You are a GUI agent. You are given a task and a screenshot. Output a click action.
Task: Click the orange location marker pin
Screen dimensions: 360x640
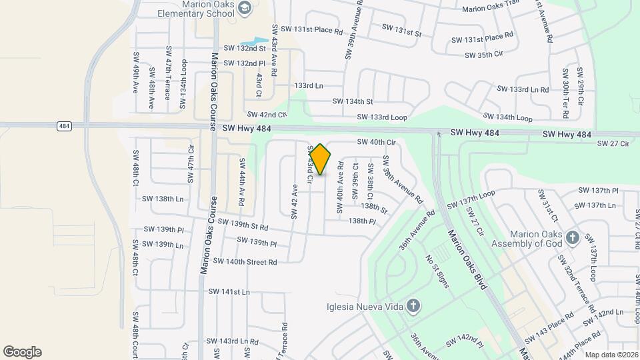click(320, 159)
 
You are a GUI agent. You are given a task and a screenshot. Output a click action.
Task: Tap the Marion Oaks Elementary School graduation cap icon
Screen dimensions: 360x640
click(244, 8)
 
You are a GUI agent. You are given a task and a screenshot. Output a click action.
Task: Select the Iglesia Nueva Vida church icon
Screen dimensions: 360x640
click(413, 307)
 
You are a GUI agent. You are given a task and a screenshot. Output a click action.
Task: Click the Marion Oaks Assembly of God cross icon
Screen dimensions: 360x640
click(572, 238)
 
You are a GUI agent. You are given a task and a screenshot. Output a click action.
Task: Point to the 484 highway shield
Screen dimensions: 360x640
click(64, 125)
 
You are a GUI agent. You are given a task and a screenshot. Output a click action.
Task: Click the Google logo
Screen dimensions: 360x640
click(22, 352)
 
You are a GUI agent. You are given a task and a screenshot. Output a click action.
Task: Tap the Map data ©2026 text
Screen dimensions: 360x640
click(611, 355)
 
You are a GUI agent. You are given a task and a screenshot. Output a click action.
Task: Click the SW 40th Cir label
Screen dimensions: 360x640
click(376, 142)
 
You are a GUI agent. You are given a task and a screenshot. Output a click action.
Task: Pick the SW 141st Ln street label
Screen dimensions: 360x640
click(229, 292)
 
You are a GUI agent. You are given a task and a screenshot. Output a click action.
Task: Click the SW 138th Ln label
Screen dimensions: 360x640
click(163, 199)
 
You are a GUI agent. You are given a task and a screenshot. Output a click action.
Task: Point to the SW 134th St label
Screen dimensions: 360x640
click(353, 101)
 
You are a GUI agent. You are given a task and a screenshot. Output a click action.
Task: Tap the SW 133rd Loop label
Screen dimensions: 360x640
click(382, 117)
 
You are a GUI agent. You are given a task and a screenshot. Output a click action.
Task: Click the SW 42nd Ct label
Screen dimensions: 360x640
click(266, 115)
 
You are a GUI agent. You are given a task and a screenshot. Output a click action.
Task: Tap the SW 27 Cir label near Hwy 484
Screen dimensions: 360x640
click(613, 143)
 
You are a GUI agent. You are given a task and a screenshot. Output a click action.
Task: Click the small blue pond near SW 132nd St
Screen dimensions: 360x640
click(252, 41)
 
